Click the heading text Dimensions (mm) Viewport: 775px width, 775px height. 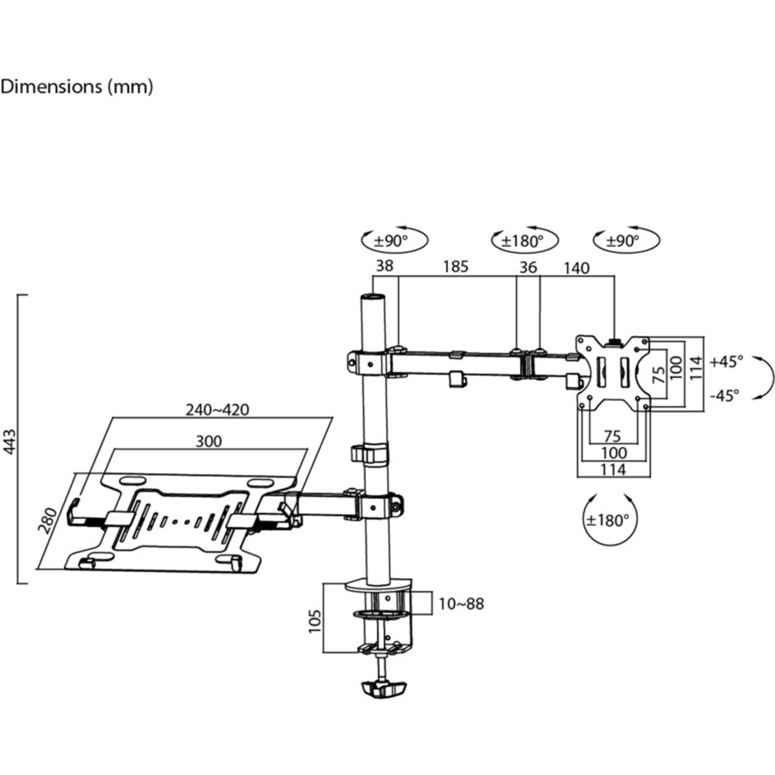pyautogui.click(x=76, y=87)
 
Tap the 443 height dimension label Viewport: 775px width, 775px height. pyautogui.click(x=11, y=439)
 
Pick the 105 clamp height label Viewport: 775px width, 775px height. pyautogui.click(x=313, y=617)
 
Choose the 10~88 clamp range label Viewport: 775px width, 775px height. pyautogui.click(x=460, y=604)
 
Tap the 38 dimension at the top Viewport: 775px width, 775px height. pyautogui.click(x=385, y=266)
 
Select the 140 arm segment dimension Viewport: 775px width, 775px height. pyautogui.click(x=576, y=266)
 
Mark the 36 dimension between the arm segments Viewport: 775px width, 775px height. pyautogui.click(x=528, y=266)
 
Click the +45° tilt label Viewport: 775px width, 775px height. pyautogui.click(x=727, y=361)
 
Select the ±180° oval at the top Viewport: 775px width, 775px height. pyautogui.click(x=524, y=241)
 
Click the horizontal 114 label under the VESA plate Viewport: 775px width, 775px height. pyautogui.click(x=613, y=469)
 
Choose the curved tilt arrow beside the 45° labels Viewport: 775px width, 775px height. pyautogui.click(x=766, y=377)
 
